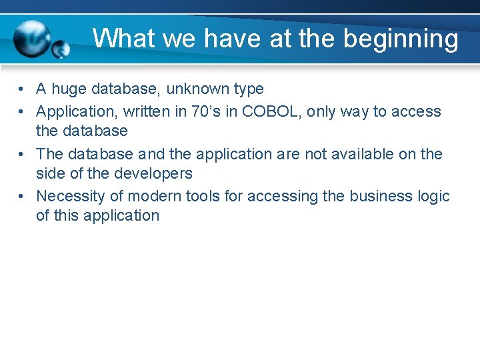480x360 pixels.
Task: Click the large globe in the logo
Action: point(31,38)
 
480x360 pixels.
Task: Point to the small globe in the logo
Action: point(61,49)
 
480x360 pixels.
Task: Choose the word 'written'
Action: point(147,111)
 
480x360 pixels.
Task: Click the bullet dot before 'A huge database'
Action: point(22,89)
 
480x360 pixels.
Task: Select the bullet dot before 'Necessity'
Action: point(22,197)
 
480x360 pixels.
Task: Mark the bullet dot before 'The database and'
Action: point(22,154)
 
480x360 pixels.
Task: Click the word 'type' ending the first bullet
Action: point(249,89)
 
